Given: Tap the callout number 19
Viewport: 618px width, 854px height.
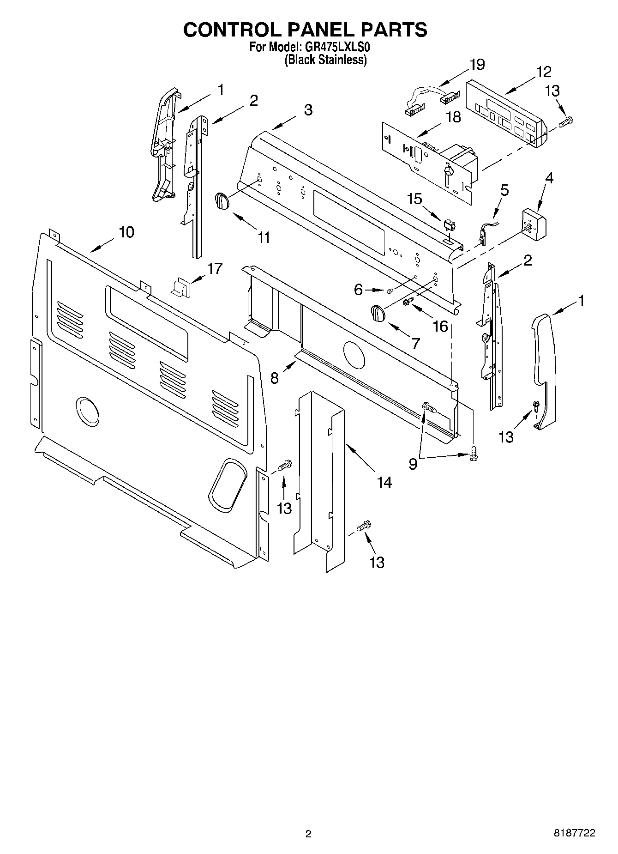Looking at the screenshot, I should pos(477,65).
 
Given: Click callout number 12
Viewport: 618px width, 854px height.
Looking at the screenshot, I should pos(544,72).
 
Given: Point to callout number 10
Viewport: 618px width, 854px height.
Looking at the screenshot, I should pos(126,232).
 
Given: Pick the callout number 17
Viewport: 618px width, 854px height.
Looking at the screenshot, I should pos(215,268).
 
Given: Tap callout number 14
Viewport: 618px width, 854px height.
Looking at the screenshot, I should pos(384,483).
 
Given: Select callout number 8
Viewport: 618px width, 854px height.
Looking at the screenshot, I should pos(275,378).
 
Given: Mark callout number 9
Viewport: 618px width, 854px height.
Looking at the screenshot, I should pos(413,464).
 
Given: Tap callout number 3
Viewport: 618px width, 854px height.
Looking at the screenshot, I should pos(308,110).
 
